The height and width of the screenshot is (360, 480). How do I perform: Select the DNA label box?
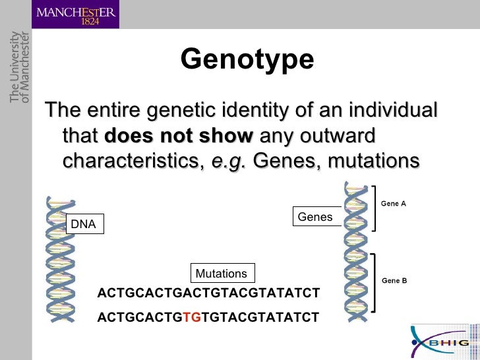[x=84, y=224]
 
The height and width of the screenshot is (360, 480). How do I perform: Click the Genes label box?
[x=315, y=217]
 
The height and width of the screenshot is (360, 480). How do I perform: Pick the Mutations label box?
[x=222, y=274]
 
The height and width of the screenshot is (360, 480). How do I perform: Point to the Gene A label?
[x=394, y=204]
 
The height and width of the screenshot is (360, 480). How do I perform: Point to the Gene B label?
[x=394, y=280]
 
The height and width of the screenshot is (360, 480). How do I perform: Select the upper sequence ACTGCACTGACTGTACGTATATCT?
[x=208, y=292]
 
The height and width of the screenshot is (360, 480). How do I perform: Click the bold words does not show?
[x=179, y=136]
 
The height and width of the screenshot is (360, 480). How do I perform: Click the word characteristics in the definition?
[x=133, y=161]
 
